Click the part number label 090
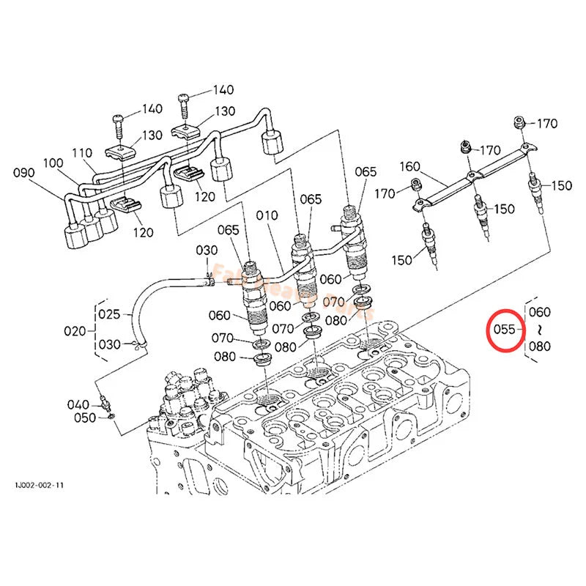tap(24, 173)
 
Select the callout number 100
tap(53, 163)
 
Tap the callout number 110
tap(82, 153)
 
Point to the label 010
tap(267, 215)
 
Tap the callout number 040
tap(78, 404)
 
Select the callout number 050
tap(85, 418)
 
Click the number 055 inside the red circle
tap(504, 330)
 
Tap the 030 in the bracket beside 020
tap(109, 345)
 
